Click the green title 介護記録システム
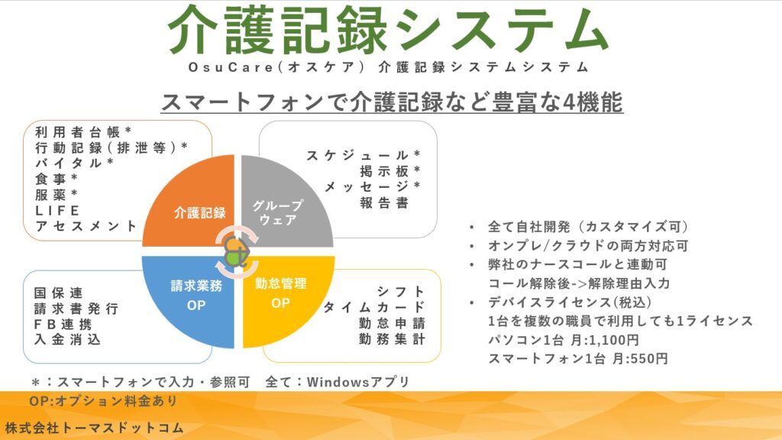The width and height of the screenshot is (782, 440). tap(387, 31)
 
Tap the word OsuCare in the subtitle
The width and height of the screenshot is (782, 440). tap(231, 67)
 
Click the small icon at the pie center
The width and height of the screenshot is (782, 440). tap(238, 251)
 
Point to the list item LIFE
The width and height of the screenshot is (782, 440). tap(57, 211)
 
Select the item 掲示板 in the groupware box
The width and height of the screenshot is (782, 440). tap(384, 171)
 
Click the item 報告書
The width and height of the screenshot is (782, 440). tap(384, 202)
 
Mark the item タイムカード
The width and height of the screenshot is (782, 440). tap(374, 307)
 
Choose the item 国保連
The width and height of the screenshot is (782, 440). tap(58, 293)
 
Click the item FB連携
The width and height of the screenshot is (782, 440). tap(63, 324)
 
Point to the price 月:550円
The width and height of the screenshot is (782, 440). tap(640, 359)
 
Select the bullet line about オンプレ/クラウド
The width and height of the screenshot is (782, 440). tap(588, 246)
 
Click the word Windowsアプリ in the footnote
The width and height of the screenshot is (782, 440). tap(358, 382)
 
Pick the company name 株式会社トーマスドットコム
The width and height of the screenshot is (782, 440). tap(95, 428)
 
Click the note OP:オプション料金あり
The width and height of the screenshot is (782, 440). tap(103, 401)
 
